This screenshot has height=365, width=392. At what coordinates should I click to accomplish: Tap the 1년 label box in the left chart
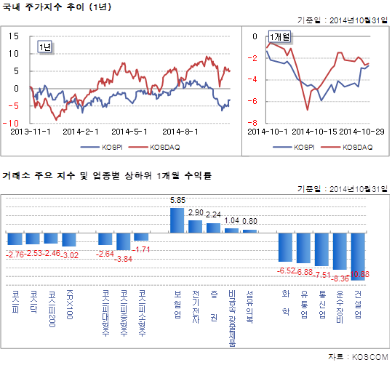[x=46, y=47]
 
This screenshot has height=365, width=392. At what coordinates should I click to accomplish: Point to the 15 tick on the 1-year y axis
[x=13, y=36]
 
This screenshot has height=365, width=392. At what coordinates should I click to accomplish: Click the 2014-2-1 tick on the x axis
[x=81, y=132]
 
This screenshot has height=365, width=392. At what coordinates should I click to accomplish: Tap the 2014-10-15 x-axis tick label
[x=317, y=132]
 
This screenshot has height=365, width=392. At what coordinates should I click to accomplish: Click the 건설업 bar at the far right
[x=359, y=255]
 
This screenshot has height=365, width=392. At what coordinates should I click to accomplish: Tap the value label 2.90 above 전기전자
[x=196, y=212]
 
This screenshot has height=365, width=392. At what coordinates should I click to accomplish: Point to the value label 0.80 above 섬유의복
[x=249, y=221]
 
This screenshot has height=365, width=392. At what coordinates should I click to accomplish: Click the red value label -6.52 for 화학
[x=285, y=270]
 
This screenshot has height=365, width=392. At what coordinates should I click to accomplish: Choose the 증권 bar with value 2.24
[x=214, y=227]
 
